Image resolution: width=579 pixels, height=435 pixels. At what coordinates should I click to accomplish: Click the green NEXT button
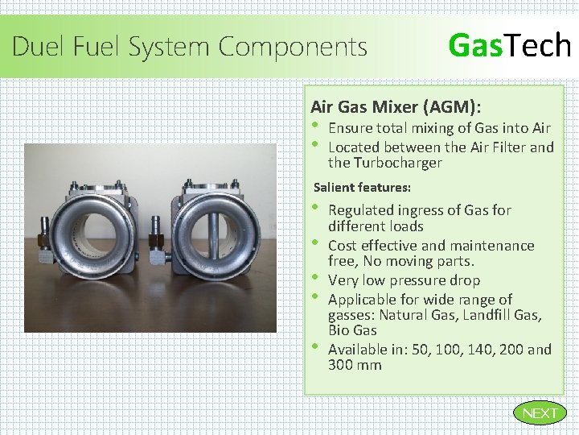pos(540,413)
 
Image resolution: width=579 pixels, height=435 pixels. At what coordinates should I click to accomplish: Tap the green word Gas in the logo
pos(474,45)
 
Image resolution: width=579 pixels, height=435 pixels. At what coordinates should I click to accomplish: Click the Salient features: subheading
pos(362,188)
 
